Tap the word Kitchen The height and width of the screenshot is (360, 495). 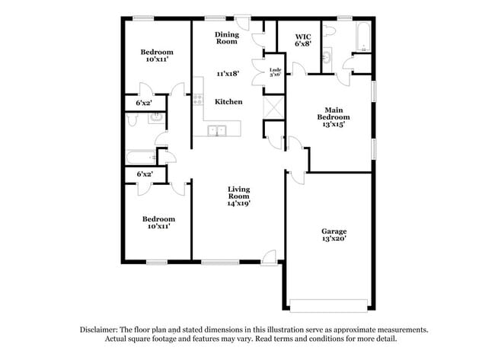[x=228, y=101]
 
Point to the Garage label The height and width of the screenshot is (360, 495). [x=334, y=231]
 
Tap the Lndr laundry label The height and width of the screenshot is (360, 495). [x=275, y=70]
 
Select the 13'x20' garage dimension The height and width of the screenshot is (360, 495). [x=334, y=240]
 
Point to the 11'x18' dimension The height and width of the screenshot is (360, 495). [x=228, y=74]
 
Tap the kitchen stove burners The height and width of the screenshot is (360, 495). [x=198, y=98]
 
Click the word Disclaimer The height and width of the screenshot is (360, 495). [x=100, y=330]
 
